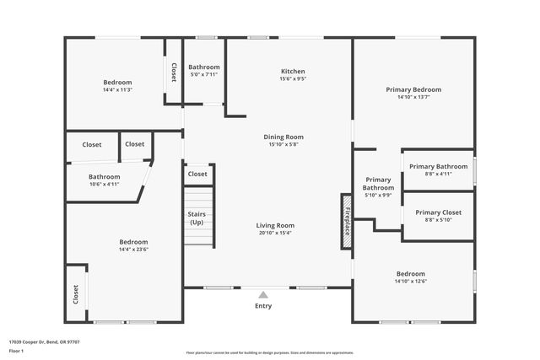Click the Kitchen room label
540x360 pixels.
(293, 72)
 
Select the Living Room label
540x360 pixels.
(275, 225)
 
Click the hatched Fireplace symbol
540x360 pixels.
(346, 221)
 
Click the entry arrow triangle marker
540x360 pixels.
(263, 294)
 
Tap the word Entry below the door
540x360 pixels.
(263, 306)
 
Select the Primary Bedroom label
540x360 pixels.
(413, 89)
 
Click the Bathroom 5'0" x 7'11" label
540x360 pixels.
(204, 71)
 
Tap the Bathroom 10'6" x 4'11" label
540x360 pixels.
(105, 180)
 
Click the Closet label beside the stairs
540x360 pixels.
(197, 174)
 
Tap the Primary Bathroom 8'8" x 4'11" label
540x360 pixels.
(439, 170)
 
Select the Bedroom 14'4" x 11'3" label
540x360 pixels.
(117, 86)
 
